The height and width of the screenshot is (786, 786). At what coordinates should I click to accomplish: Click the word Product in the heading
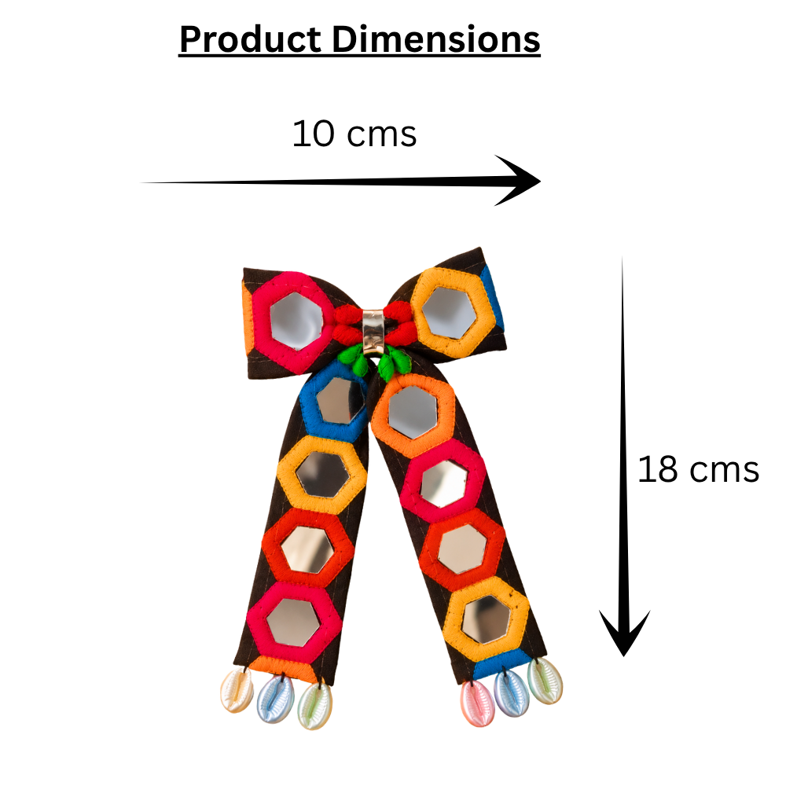click(250, 39)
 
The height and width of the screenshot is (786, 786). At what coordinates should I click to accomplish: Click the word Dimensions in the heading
click(436, 39)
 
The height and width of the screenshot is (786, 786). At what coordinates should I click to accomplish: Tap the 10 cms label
click(354, 134)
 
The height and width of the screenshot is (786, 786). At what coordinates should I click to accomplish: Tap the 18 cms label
click(698, 470)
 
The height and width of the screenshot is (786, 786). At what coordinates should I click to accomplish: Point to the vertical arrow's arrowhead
click(623, 633)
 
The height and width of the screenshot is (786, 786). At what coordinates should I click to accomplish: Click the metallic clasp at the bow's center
click(373, 330)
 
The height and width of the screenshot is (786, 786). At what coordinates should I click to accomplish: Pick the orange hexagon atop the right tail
click(413, 413)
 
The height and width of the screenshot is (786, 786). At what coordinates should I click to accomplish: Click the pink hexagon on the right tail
click(444, 483)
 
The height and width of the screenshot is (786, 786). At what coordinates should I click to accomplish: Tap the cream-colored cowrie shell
click(237, 690)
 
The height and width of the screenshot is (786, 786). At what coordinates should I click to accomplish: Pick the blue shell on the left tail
click(274, 697)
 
